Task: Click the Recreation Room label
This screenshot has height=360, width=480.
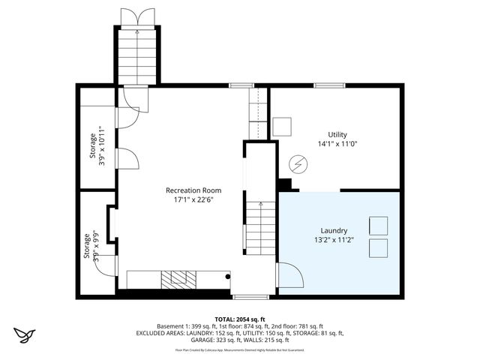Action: tap(193, 190)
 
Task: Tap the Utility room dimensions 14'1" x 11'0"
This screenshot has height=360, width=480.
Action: tap(337, 143)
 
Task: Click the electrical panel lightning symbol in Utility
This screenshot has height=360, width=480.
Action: tap(298, 163)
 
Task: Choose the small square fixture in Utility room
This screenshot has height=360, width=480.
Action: tap(282, 126)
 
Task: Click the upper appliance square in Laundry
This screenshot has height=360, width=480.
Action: tap(378, 226)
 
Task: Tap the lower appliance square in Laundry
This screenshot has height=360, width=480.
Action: tap(378, 249)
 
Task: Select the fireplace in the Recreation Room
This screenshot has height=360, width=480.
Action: tap(178, 279)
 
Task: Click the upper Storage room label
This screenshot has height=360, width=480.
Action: tap(93, 148)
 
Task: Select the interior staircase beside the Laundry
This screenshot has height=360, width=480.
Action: tap(260, 225)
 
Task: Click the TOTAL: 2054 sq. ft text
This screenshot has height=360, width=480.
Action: tap(240, 319)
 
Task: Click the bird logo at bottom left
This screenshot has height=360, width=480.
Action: tap(25, 334)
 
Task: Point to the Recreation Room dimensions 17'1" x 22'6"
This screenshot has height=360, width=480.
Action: tap(193, 199)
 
